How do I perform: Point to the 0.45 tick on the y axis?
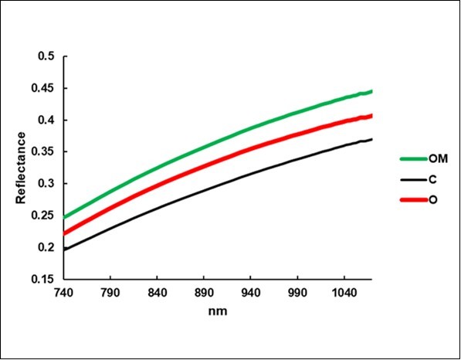(46, 88)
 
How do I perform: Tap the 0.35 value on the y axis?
(46, 152)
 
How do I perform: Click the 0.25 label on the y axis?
(46, 216)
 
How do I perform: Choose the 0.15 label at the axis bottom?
(46, 280)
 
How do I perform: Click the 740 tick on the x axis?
(64, 294)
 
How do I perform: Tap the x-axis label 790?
(110, 294)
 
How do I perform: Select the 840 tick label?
(158, 294)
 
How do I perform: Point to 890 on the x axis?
(204, 294)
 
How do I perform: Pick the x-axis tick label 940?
(251, 294)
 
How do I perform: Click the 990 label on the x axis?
(297, 294)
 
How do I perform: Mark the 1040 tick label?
(344, 294)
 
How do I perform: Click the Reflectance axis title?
(22, 168)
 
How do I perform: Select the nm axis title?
(218, 314)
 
